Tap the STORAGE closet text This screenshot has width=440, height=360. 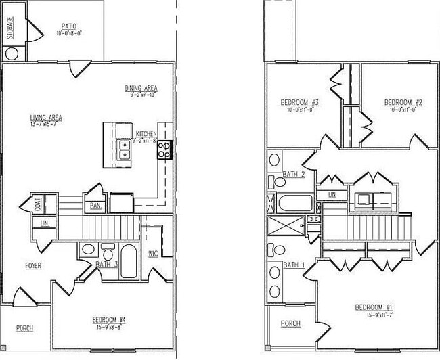click(x=10, y=28)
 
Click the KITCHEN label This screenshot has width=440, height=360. click(x=146, y=133)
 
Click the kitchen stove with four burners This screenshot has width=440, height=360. click(x=163, y=148)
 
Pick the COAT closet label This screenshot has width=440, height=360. click(x=38, y=204)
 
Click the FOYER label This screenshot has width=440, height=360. click(x=34, y=266)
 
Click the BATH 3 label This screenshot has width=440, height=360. click(x=107, y=264)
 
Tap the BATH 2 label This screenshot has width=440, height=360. click(x=294, y=174)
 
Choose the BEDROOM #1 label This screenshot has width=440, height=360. click(x=374, y=308)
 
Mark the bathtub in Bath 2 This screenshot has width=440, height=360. click(x=295, y=203)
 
